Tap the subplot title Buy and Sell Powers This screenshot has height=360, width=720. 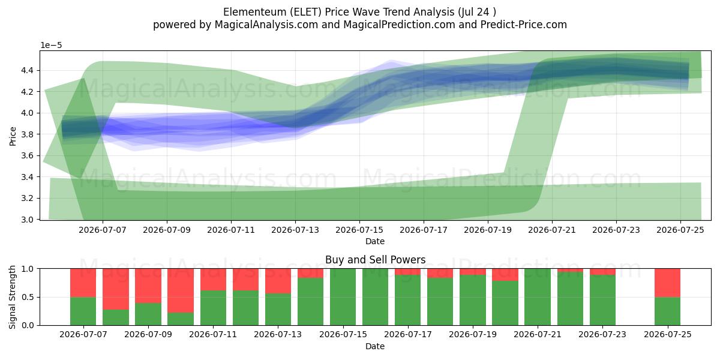tap(375, 259)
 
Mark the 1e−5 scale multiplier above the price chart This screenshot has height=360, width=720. tap(51, 46)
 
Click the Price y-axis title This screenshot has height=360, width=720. tap(13, 136)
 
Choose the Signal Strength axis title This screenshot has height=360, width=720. tap(12, 297)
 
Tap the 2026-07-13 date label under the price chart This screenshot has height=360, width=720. tap(295, 230)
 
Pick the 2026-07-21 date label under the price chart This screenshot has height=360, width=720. tap(552, 230)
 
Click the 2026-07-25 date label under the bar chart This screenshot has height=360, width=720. tap(668, 335)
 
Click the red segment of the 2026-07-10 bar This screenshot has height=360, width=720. tap(181, 290)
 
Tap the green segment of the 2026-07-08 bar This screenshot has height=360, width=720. tap(116, 317)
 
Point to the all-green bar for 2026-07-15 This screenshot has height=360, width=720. tap(343, 297)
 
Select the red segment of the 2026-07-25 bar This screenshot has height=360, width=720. tap(668, 283)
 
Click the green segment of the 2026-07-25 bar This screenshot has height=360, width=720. tap(668, 311)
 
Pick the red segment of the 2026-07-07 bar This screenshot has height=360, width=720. tap(83, 283)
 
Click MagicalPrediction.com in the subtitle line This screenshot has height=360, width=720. tap(399, 25)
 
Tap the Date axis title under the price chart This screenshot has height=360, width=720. tap(375, 241)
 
